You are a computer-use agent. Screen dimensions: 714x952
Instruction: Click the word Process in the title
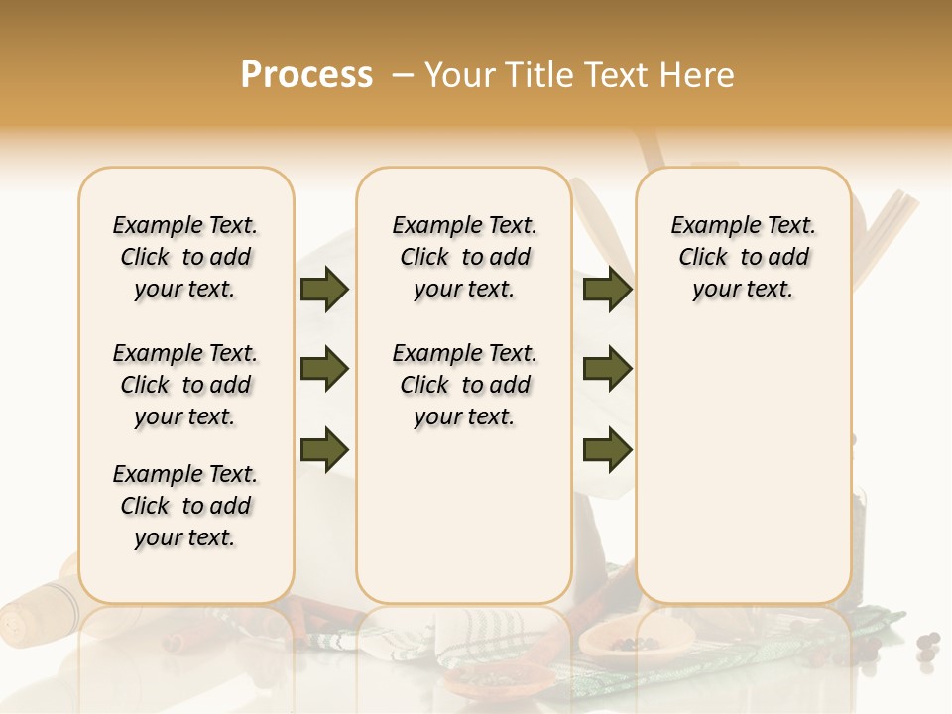(x=306, y=75)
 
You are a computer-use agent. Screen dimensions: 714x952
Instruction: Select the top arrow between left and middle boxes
(x=323, y=290)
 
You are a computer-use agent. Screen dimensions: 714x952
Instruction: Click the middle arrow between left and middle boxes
(x=323, y=369)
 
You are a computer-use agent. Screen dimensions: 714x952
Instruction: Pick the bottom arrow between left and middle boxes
(x=323, y=449)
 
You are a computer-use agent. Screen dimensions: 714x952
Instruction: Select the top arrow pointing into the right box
(x=607, y=290)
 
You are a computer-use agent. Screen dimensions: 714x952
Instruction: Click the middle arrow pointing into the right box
(x=607, y=369)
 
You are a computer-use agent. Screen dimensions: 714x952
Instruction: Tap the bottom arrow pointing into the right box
(x=607, y=449)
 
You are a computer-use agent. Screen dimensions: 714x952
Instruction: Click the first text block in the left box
(x=185, y=257)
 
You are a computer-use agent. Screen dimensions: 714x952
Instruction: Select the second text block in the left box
(x=185, y=385)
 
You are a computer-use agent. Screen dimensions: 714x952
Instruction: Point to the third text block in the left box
(x=185, y=506)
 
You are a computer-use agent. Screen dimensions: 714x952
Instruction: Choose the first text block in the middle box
(x=464, y=257)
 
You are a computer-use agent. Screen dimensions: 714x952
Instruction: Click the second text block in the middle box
(x=464, y=385)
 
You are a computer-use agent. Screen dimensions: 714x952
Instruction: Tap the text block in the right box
(x=743, y=257)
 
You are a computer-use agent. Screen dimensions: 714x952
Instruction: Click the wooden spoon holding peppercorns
(x=620, y=641)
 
